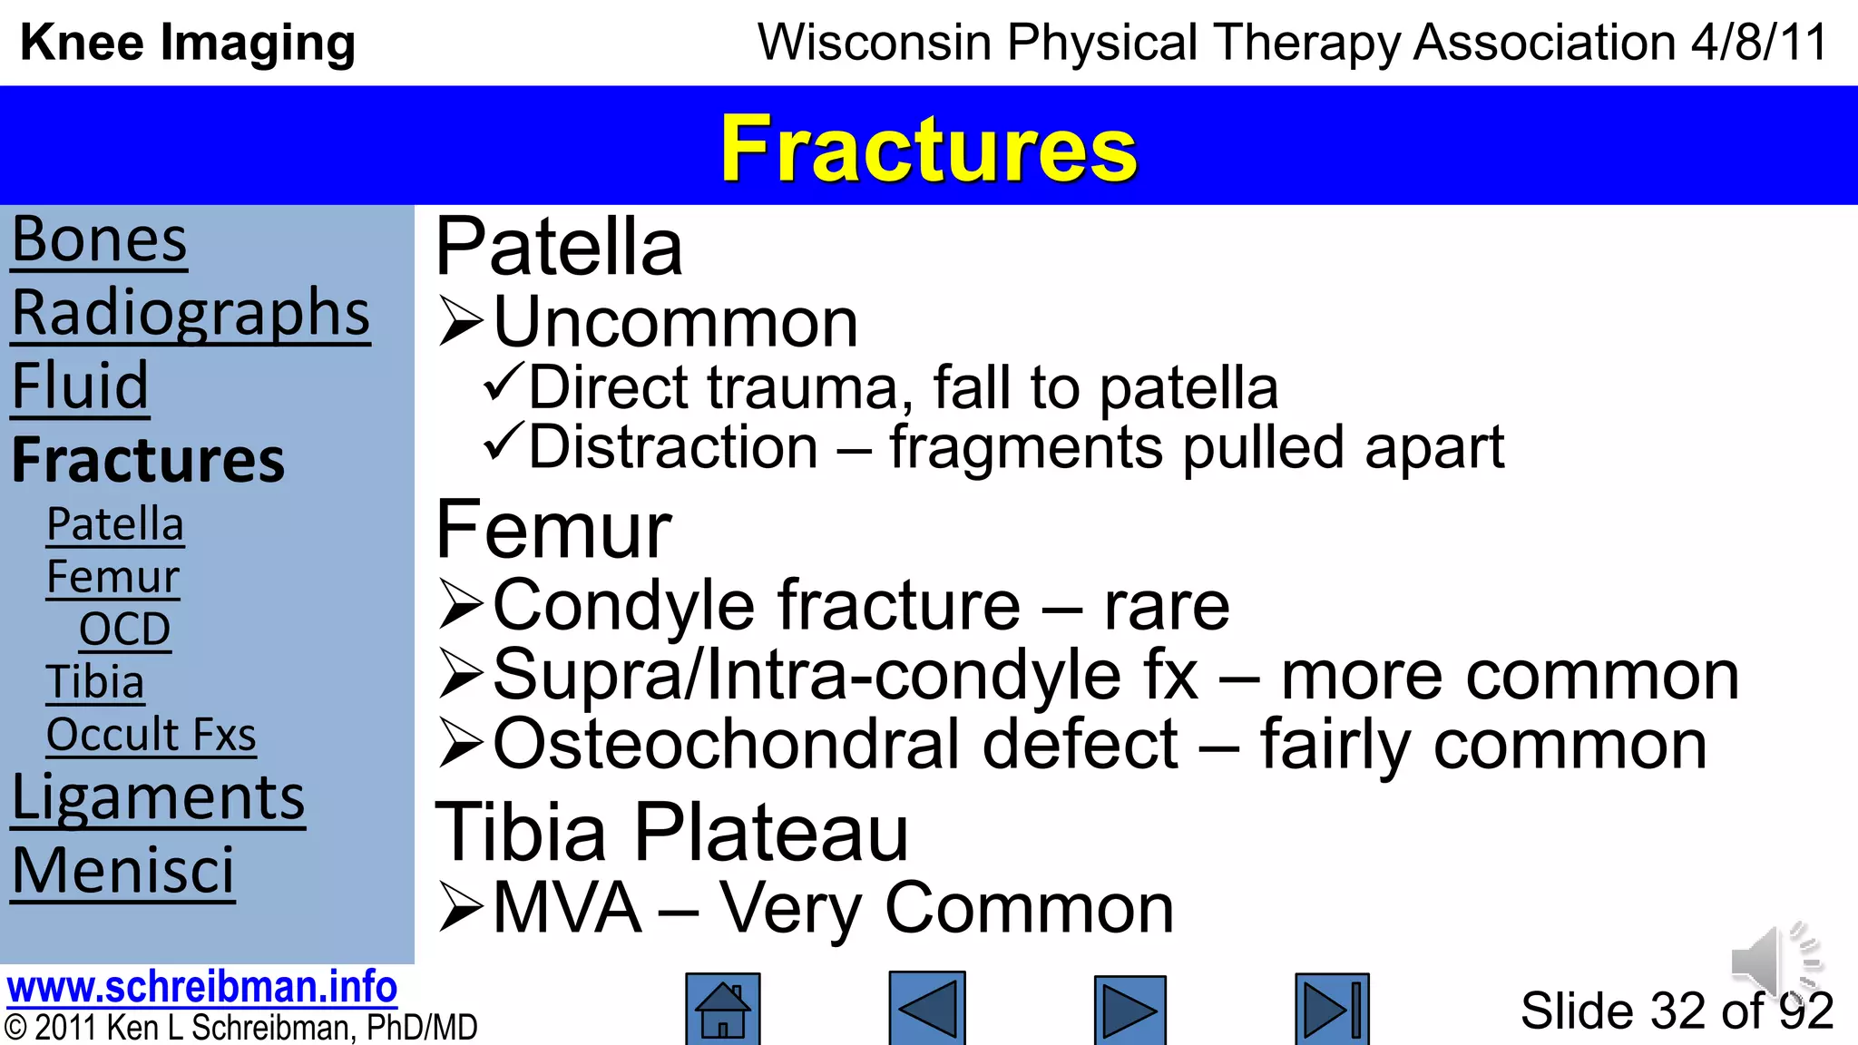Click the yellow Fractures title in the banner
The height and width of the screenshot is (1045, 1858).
coord(928,148)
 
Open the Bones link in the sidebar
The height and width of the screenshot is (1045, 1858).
coord(99,240)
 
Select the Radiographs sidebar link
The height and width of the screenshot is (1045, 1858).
coord(191,313)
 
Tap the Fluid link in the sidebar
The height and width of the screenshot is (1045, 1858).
coord(80,386)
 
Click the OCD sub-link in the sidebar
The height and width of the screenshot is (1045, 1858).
coord(124,629)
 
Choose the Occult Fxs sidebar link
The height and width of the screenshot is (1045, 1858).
coord(151,734)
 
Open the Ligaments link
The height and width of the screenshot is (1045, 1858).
coord(158,798)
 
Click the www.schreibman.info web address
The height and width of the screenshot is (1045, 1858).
coord(201,987)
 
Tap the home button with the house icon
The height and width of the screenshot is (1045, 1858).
coord(722,1009)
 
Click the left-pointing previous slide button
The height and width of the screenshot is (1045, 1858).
coord(926,1009)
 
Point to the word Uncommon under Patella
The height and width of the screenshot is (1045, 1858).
coord(675,323)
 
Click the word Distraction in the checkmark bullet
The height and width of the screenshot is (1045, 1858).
coord(673,447)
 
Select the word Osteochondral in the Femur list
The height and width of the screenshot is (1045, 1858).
coord(835,745)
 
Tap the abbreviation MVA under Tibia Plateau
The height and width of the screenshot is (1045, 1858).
coord(567,908)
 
